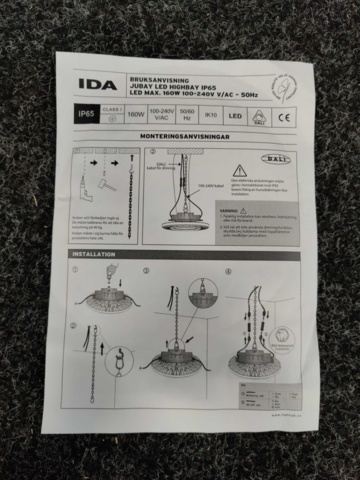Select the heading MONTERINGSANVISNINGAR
tap(185, 134)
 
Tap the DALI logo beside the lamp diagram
tap(274, 159)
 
